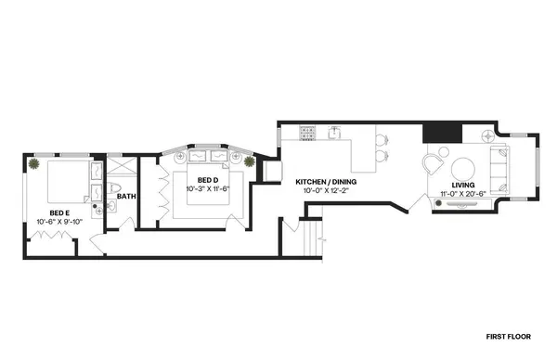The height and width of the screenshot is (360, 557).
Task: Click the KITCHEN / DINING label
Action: tap(326, 182)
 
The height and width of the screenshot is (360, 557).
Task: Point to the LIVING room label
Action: tap(463, 186)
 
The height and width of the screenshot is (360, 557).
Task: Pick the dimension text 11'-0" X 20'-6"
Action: tap(463, 195)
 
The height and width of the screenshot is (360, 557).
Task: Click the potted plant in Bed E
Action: tap(34, 164)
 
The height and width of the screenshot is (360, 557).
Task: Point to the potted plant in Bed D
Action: tap(250, 161)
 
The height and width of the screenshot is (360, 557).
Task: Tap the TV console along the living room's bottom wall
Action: tap(463, 206)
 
